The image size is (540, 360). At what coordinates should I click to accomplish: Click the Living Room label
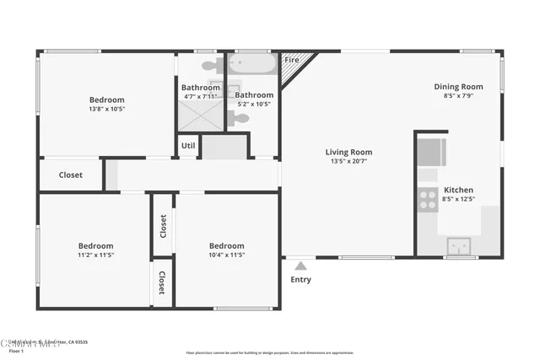(348, 153)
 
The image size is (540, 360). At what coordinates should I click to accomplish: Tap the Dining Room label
(458, 86)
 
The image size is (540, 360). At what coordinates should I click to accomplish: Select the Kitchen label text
(458, 190)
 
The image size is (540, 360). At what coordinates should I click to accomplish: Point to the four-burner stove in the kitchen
(427, 199)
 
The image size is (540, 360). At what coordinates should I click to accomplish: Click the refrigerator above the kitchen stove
(431, 153)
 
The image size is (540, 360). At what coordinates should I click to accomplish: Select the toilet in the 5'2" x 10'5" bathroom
(240, 120)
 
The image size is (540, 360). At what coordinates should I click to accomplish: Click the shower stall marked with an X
(200, 113)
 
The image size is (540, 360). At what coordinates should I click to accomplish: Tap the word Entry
(300, 280)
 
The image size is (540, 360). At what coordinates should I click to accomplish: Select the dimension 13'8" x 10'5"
(107, 109)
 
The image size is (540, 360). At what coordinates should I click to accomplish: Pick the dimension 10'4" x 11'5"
(226, 255)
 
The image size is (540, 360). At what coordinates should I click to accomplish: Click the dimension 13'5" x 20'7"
(348, 162)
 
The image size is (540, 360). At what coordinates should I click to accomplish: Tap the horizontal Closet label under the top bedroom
(71, 175)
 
